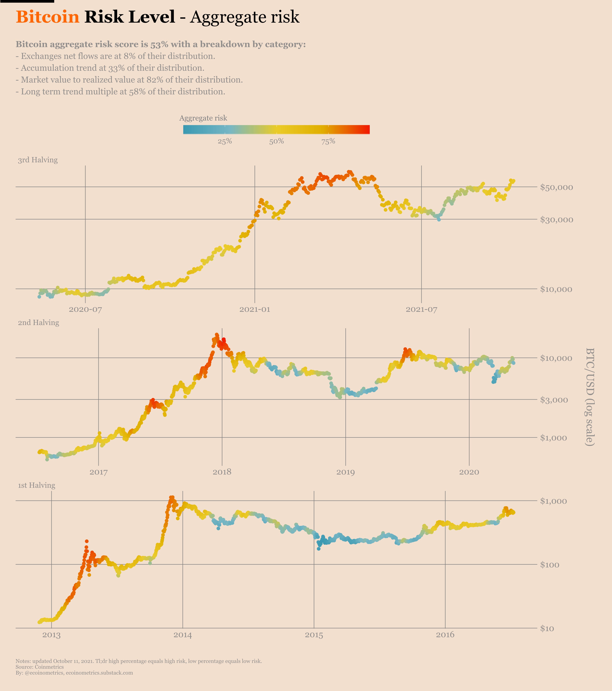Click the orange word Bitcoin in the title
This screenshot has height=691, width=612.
(x=48, y=17)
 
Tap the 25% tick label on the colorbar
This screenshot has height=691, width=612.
(x=225, y=141)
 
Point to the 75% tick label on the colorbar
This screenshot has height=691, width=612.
(x=328, y=141)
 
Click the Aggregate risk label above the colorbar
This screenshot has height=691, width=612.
(x=203, y=118)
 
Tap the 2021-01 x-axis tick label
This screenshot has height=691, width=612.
(x=255, y=309)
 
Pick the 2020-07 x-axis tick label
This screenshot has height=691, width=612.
(x=86, y=309)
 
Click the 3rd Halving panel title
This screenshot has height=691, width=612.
(x=38, y=160)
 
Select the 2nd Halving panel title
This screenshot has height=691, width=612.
(x=38, y=323)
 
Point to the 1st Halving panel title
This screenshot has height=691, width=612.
(x=37, y=485)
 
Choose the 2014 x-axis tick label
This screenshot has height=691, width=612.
(x=183, y=635)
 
